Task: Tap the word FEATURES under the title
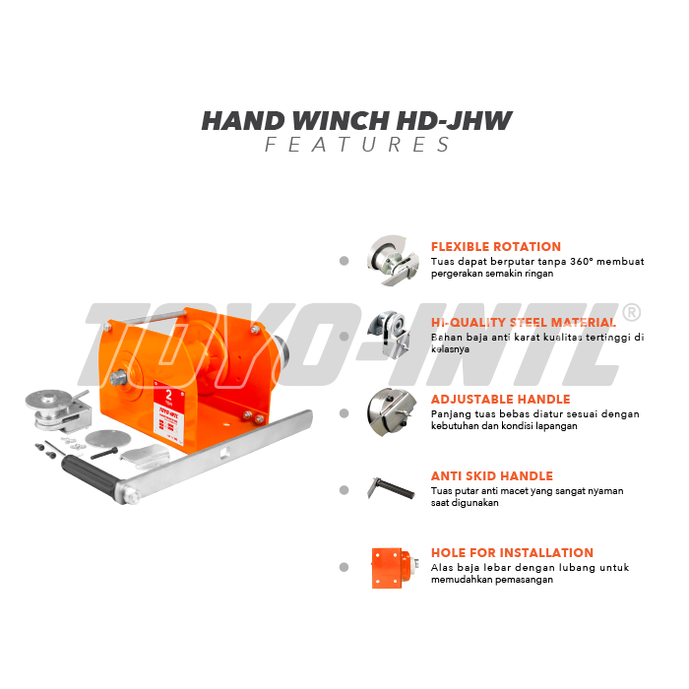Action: [357, 146]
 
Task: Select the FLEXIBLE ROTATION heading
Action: [495, 247]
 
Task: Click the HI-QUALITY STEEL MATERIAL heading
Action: [524, 323]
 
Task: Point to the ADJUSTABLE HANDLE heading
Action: [500, 400]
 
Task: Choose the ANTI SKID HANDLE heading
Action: [491, 476]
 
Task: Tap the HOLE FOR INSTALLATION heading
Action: [512, 553]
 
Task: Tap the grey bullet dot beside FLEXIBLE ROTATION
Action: [344, 261]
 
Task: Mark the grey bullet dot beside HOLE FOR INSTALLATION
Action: [344, 568]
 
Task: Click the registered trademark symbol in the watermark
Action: [632, 313]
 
